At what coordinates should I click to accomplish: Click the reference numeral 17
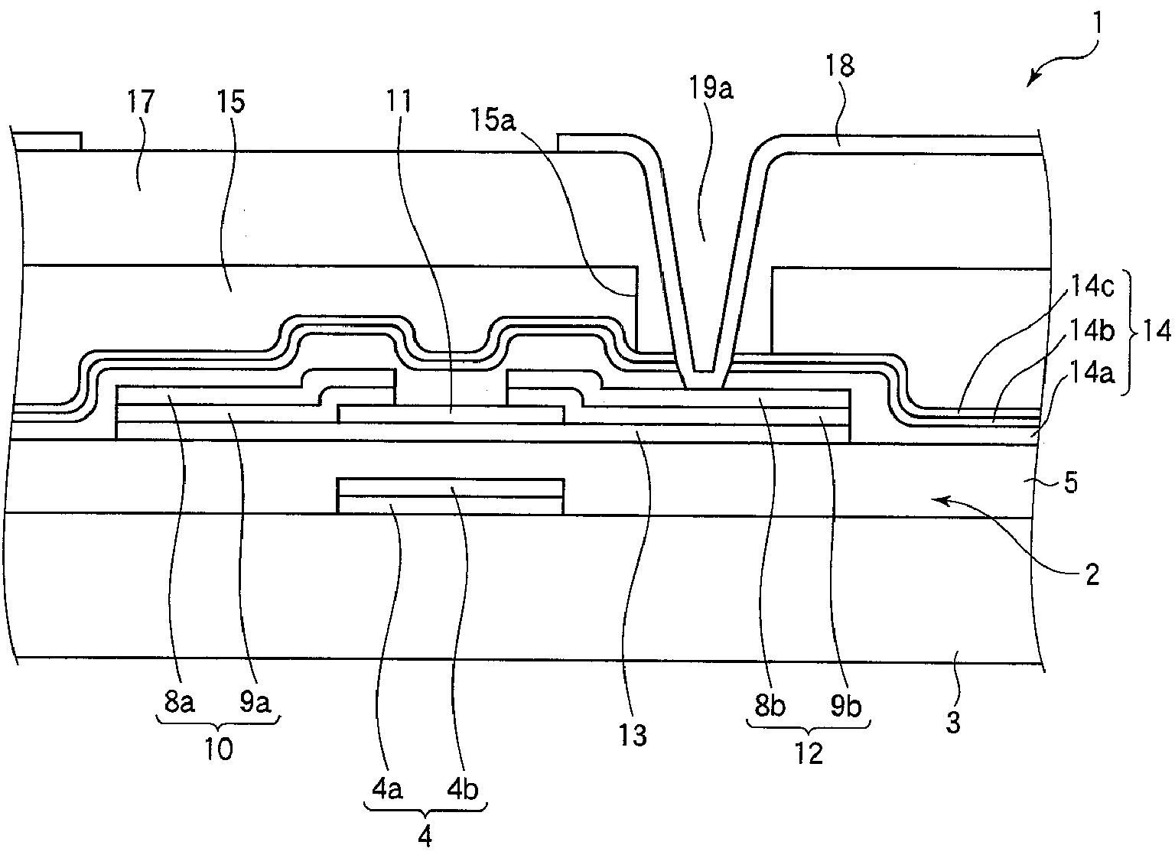tap(142, 102)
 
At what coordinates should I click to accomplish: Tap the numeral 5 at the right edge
tap(1071, 483)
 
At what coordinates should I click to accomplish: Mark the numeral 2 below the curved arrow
tap(1092, 574)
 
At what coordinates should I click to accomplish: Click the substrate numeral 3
tap(953, 721)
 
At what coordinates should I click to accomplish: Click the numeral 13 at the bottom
tap(633, 734)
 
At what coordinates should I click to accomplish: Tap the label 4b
tap(464, 788)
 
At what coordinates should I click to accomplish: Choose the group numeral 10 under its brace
tap(219, 749)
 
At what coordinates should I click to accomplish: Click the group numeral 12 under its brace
tap(809, 753)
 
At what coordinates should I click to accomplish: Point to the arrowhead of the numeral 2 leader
tap(936, 500)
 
